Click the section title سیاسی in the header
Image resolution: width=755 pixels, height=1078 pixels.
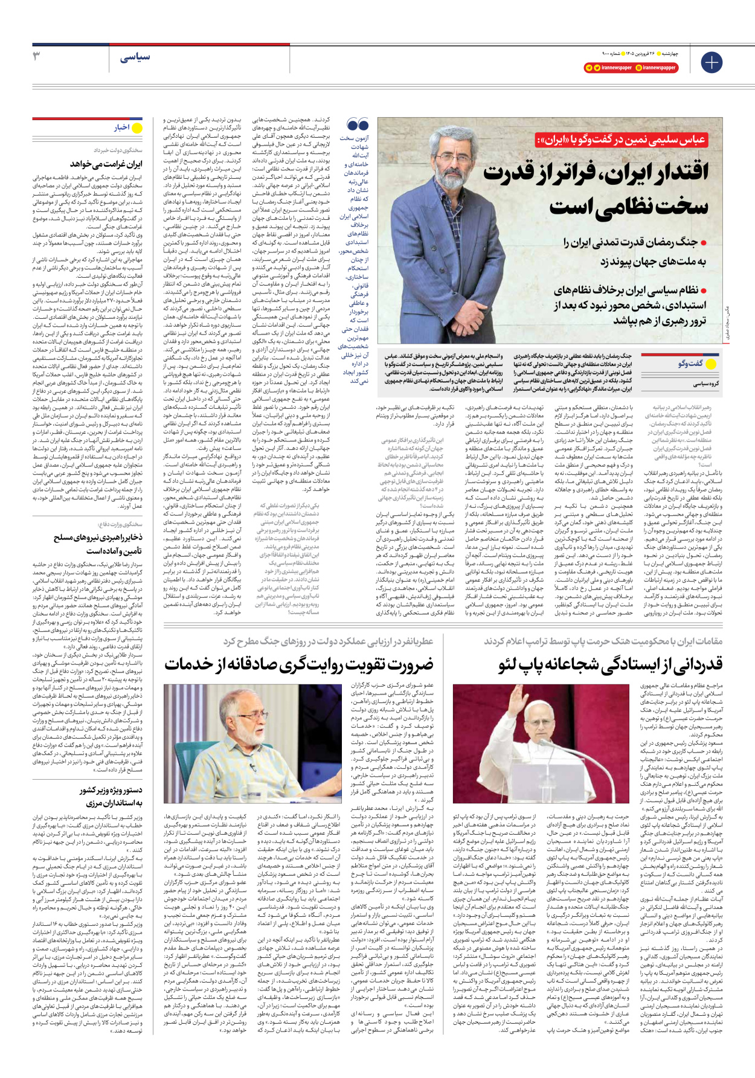[135, 57]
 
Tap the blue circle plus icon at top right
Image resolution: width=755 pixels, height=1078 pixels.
[711, 62]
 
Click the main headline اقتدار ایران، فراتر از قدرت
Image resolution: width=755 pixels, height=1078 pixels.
[596, 173]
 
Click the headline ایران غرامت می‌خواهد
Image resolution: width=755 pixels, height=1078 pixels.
[106, 164]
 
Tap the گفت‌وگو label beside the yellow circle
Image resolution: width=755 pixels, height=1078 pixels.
[690, 364]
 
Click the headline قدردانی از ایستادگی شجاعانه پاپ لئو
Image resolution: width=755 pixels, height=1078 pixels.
[610, 664]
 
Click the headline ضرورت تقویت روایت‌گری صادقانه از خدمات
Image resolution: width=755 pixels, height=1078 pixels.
[299, 664]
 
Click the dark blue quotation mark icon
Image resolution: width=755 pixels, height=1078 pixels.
[358, 125]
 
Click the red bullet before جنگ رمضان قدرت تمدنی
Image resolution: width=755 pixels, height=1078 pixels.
[704, 243]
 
